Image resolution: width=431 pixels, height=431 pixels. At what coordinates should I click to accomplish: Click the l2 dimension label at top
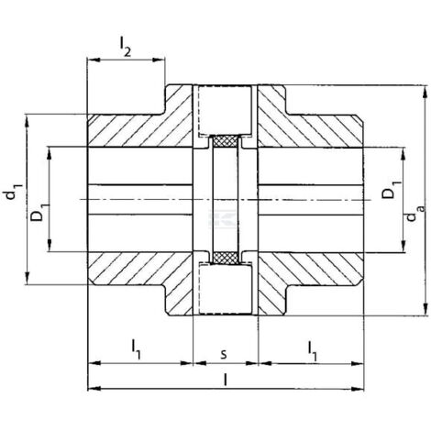(x=125, y=47)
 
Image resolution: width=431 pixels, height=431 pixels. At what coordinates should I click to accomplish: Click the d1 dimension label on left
(x=13, y=192)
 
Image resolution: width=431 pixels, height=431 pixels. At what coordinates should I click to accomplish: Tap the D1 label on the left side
(x=39, y=212)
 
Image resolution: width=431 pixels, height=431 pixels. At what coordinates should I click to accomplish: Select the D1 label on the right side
(x=392, y=190)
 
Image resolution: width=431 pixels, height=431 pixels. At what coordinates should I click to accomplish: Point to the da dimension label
(x=415, y=213)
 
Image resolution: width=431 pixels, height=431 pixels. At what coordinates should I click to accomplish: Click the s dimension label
(x=224, y=354)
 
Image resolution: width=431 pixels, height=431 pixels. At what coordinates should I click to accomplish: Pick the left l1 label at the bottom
(x=136, y=348)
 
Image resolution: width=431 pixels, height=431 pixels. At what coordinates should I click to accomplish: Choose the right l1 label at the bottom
(x=312, y=351)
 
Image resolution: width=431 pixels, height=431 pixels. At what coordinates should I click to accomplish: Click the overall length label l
(x=226, y=380)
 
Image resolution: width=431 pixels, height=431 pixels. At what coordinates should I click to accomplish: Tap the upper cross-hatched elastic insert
(x=226, y=141)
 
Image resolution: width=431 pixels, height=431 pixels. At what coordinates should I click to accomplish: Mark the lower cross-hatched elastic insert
(x=226, y=258)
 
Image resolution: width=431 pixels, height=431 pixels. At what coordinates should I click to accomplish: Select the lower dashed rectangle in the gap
(x=226, y=289)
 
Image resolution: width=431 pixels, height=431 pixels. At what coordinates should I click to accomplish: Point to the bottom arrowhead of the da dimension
(x=425, y=309)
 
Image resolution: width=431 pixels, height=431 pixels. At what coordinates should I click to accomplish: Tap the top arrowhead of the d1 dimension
(x=28, y=121)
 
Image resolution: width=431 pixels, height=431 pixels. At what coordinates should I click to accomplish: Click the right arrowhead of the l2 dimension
(x=159, y=60)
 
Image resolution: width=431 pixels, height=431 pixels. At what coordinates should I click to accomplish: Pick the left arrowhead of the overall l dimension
(x=94, y=389)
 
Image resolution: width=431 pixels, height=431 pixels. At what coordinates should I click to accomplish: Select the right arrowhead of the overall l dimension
(x=358, y=389)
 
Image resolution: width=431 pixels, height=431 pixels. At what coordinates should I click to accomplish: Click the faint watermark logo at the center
(x=223, y=218)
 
